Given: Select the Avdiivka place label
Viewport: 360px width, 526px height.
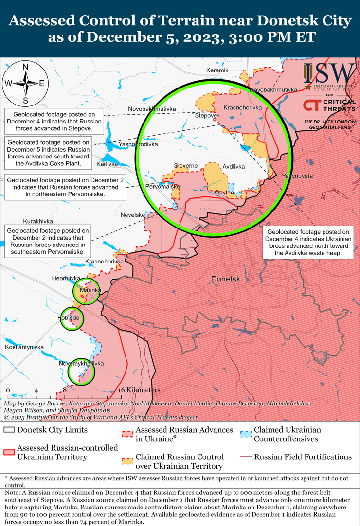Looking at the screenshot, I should point(234,166).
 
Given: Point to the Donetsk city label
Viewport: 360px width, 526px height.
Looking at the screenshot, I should point(226,279).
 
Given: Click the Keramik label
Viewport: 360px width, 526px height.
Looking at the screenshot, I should point(217,71).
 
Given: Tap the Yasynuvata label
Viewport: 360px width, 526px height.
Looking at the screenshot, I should point(297,175).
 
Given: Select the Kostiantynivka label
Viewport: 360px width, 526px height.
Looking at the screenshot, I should point(24,347).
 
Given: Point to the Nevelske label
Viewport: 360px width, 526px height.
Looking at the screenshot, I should point(133,215).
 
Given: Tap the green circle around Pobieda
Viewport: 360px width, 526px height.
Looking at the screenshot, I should point(71,318).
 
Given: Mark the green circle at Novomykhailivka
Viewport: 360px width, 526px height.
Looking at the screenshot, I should point(81,371).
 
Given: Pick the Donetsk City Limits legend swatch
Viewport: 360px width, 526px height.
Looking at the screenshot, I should point(9,430).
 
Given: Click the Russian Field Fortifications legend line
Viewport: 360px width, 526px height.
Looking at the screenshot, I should point(246,457).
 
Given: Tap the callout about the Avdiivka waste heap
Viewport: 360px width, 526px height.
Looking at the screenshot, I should point(308,243).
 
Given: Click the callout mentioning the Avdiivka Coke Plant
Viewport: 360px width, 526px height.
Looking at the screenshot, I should point(49,153).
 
